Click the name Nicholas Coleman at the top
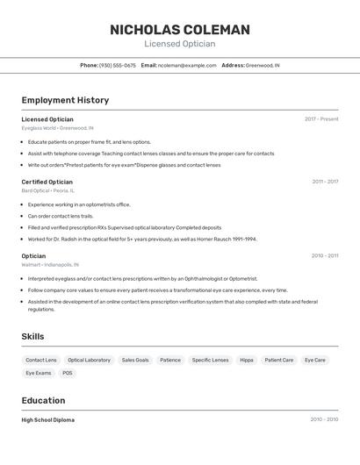179,30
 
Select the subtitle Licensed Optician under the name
179,44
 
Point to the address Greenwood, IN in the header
263,65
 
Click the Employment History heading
65,100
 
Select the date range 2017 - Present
321,118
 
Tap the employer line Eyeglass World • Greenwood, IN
58,127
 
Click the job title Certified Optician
47,182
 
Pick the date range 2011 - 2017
325,182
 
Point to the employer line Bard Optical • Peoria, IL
48,190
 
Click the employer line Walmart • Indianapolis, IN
51,264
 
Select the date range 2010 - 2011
325,255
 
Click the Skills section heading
32,337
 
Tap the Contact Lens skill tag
41,360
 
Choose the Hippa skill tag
247,360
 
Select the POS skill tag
68,373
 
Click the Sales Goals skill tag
135,360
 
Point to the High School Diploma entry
48,419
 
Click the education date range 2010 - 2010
324,419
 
